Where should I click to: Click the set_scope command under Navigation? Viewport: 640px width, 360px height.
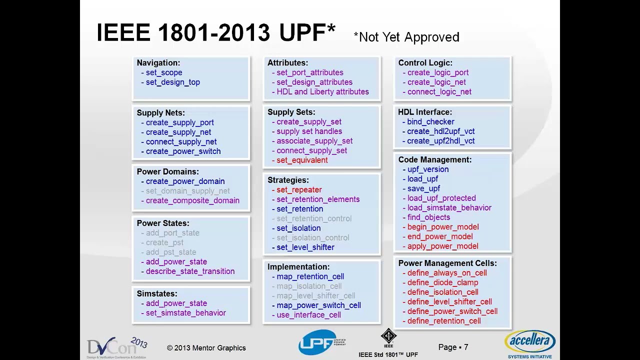[x=164, y=72]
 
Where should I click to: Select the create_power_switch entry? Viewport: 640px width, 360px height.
[x=183, y=151]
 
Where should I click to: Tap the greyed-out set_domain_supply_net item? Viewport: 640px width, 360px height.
[x=187, y=191]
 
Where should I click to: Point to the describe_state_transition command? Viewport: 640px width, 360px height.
[x=190, y=271]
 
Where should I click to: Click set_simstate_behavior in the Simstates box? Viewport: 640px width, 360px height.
[x=185, y=313]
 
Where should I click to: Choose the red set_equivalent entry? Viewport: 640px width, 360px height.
[x=302, y=160]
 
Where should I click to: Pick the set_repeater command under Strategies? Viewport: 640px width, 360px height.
[x=299, y=190]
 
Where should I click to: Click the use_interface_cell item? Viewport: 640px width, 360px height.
[x=308, y=315]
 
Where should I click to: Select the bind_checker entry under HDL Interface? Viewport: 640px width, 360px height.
[x=430, y=122]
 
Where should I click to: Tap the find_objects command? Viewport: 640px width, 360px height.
[x=428, y=217]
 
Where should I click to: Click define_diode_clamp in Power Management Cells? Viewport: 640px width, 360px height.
[x=442, y=282]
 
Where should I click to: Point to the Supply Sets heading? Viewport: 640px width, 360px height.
[x=291, y=112]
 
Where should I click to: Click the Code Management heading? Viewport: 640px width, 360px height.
[x=434, y=160]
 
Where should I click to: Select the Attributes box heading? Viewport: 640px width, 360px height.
[x=287, y=63]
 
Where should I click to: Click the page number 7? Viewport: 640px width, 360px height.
[x=465, y=347]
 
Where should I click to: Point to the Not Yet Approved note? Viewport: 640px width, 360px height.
[x=406, y=37]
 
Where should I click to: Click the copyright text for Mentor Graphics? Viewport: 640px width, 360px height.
[x=206, y=348]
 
